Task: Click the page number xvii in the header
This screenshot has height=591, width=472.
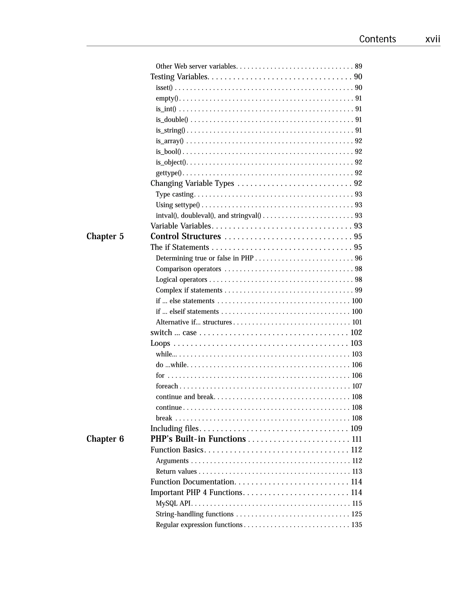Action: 433,39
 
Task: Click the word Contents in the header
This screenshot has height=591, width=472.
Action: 377,39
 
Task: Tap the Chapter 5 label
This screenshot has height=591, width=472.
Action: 105,236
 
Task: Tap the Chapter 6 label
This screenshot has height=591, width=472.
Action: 105,439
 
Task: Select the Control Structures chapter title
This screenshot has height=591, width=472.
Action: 186,236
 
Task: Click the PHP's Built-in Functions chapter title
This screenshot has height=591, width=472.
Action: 198,439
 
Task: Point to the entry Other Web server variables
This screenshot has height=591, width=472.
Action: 196,66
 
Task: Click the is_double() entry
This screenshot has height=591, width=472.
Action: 172,120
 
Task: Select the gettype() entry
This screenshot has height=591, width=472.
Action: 168,173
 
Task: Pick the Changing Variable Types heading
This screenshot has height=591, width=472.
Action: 192,183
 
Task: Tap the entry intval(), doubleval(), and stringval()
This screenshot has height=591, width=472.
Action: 208,215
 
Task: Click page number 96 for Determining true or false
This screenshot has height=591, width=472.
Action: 358,258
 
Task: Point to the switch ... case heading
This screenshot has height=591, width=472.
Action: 174,332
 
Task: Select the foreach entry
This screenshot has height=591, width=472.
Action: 167,386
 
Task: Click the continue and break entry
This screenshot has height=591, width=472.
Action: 185,397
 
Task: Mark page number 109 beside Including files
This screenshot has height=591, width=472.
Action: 356,428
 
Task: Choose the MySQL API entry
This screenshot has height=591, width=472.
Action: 173,504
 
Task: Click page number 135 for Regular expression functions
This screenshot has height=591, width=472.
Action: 357,525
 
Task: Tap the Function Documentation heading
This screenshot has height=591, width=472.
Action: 193,482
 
